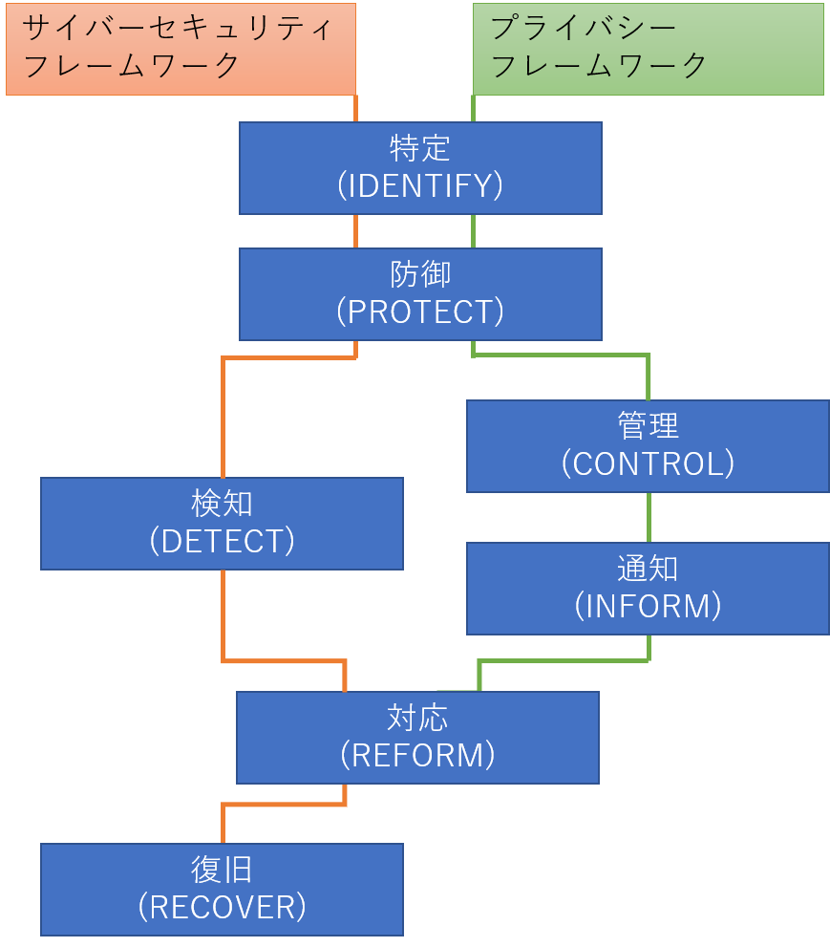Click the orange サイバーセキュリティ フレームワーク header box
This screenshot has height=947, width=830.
click(x=181, y=49)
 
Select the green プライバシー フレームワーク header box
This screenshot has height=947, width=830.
click(x=648, y=49)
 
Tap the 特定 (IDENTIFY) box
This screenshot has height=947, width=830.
click(x=420, y=168)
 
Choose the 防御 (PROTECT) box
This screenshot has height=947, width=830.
click(x=420, y=294)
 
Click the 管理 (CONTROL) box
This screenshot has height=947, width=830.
click(x=648, y=446)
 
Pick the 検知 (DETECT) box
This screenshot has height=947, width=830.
click(x=222, y=524)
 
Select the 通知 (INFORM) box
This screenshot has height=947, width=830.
click(x=648, y=589)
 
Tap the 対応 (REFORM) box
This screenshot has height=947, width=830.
click(x=417, y=738)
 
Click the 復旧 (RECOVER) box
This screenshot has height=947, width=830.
click(x=222, y=889)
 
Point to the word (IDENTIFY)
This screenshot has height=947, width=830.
click(x=420, y=185)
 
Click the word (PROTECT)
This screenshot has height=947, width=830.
click(x=420, y=312)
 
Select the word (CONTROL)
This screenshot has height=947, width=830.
click(x=648, y=463)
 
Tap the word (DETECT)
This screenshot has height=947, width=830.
click(x=222, y=541)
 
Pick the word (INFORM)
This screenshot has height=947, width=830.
click(x=648, y=606)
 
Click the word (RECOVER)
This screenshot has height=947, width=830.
click(x=222, y=907)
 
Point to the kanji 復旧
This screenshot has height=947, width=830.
click(x=222, y=870)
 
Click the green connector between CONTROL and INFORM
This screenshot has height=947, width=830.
click(x=649, y=517)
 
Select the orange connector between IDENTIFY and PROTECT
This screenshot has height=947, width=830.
click(x=356, y=231)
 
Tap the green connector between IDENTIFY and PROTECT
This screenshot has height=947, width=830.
click(x=473, y=231)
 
